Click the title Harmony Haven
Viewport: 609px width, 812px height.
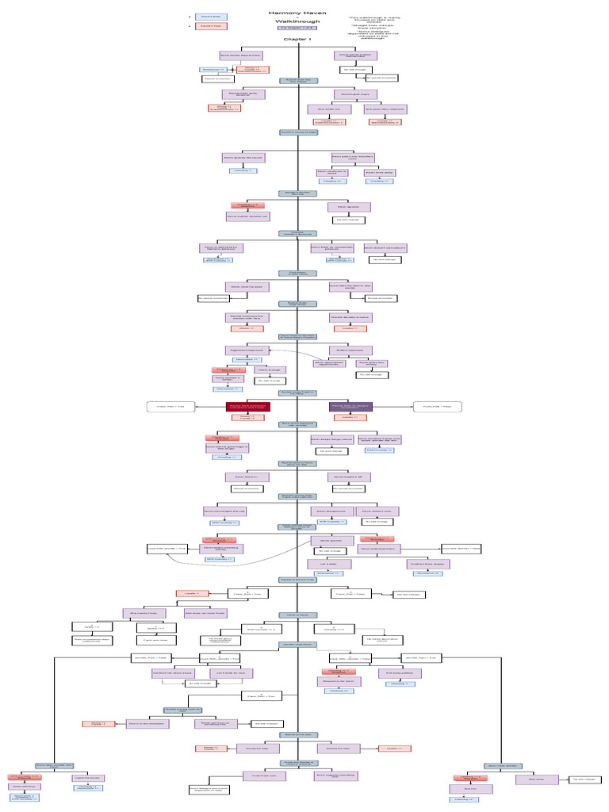pyautogui.click(x=297, y=13)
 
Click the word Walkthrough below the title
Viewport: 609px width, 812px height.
pyautogui.click(x=297, y=21)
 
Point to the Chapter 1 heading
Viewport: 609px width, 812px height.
pyautogui.click(x=297, y=39)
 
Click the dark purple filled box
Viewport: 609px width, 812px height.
pyautogui.click(x=350, y=407)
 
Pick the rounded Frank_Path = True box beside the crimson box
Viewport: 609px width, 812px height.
pyautogui.click(x=170, y=407)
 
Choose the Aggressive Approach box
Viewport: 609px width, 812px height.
pyautogui.click(x=245, y=350)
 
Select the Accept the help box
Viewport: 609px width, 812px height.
pyautogui.click(x=255, y=748)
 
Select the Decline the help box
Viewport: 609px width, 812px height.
pyautogui.click(x=339, y=748)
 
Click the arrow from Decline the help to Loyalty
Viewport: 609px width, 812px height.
pyautogui.click(x=370, y=748)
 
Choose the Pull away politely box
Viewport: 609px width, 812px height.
pyautogui.click(x=400, y=672)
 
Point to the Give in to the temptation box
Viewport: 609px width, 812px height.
pyautogui.click(x=145, y=723)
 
